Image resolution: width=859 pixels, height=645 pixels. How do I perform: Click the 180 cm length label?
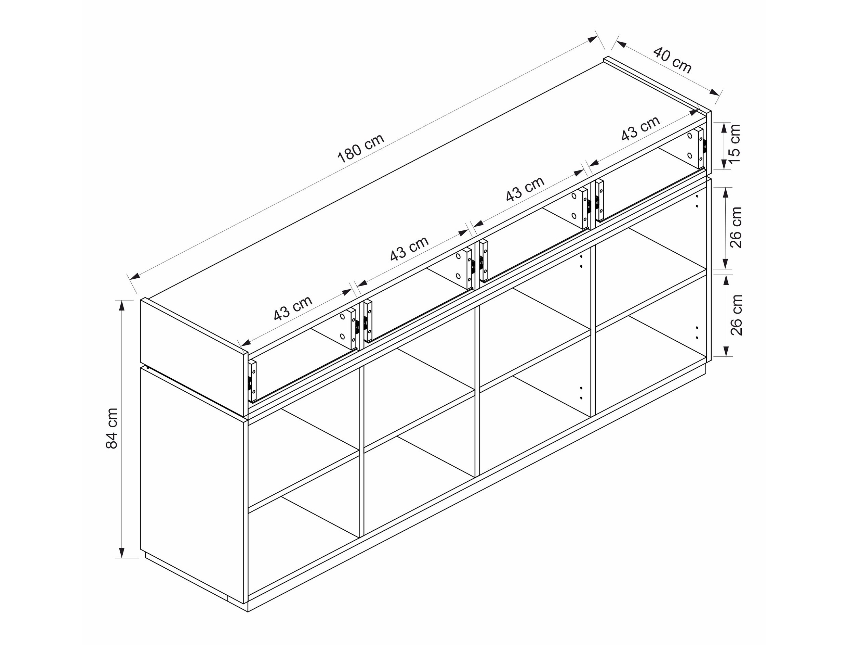pos(361,148)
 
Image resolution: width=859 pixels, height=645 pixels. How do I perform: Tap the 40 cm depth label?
pos(672,60)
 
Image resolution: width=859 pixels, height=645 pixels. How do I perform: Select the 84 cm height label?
pos(112,428)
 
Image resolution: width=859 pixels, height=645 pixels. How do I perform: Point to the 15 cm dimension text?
pos(734,143)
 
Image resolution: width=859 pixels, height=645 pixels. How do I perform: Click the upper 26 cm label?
pos(736,227)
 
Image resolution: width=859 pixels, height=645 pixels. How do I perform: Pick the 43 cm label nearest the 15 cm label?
pos(641,128)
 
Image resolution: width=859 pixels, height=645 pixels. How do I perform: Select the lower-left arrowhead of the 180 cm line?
pos(135,276)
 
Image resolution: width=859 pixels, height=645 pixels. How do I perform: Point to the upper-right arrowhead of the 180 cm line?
pos(593,39)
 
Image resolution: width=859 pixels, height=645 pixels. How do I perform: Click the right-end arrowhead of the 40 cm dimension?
pos(714,92)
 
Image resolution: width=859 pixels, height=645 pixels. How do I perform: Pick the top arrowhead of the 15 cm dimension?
pos(725,128)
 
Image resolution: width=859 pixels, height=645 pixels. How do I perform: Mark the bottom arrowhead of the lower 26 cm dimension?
pos(725,351)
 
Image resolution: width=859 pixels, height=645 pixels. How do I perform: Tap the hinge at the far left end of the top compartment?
pos(252,381)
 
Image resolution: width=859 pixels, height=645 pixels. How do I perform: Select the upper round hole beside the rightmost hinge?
pos(690,136)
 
